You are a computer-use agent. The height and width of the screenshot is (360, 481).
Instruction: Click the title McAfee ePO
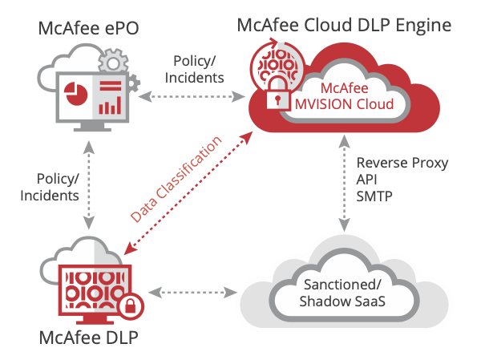point(89,28)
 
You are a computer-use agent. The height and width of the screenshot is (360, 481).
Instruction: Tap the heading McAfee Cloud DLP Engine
point(344,25)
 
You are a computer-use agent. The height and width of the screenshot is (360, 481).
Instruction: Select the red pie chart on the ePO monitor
point(75,93)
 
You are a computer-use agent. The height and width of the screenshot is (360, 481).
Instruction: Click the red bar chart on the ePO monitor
point(110,105)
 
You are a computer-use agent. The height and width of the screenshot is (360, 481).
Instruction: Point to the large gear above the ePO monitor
point(113,63)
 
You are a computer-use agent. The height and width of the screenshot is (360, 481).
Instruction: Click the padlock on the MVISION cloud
point(277,93)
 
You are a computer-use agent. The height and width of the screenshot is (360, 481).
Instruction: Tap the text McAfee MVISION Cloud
point(344,96)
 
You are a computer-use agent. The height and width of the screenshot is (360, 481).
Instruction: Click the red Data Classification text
point(176,180)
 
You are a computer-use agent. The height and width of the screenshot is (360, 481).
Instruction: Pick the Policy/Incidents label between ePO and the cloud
point(194,70)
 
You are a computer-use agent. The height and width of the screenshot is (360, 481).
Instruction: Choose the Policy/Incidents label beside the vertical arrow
point(50,187)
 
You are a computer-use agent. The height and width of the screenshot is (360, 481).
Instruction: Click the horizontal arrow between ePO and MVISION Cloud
point(192,97)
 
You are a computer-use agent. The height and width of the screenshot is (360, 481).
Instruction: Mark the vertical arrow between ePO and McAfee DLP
point(89,185)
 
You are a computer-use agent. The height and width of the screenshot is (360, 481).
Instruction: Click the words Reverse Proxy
point(402,163)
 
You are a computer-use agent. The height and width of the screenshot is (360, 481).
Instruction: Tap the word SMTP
point(374,196)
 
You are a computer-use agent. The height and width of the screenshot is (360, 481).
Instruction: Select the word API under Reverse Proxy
point(366,180)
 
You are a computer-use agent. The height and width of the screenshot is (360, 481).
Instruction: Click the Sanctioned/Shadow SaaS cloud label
point(342,293)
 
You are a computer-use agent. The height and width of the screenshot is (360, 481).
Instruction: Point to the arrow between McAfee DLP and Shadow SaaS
point(192,293)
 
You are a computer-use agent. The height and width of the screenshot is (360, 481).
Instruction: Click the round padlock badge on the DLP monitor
point(131,306)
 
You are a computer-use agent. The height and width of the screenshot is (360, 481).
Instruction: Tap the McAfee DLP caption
point(89,338)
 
